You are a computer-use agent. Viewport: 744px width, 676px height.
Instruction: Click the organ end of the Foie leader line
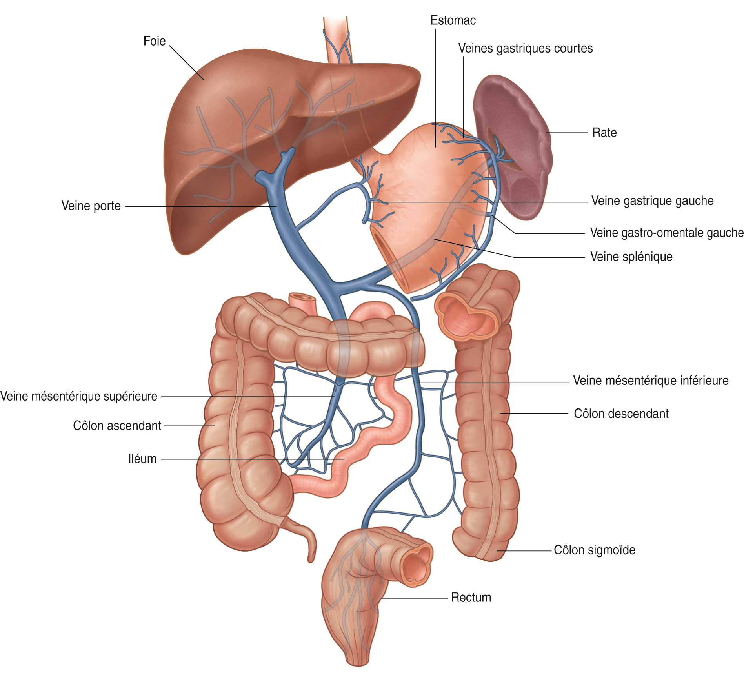click(x=204, y=80)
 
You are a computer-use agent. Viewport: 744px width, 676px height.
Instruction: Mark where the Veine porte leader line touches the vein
click(x=277, y=206)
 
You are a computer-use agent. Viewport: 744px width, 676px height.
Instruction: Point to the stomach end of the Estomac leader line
click(x=436, y=147)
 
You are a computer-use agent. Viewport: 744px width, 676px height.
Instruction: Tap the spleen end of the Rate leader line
click(x=546, y=133)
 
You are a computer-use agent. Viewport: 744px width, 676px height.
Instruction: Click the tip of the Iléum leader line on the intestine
click(x=344, y=459)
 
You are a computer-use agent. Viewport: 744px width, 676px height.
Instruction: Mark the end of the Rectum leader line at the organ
click(x=381, y=598)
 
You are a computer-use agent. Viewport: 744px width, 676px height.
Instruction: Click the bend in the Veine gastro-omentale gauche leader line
click(x=515, y=233)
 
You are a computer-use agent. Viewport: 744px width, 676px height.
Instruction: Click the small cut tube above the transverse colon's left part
click(x=303, y=303)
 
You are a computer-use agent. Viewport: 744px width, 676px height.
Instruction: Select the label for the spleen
click(x=604, y=133)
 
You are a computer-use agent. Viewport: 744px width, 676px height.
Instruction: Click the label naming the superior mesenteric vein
click(x=78, y=396)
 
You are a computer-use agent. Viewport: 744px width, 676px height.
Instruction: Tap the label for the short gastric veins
click(x=526, y=48)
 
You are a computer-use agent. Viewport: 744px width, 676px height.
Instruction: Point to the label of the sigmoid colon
click(x=595, y=550)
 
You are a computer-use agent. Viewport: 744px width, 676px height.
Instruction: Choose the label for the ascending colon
click(x=117, y=426)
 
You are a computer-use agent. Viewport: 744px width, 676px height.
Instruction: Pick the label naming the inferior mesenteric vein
click(x=651, y=380)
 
